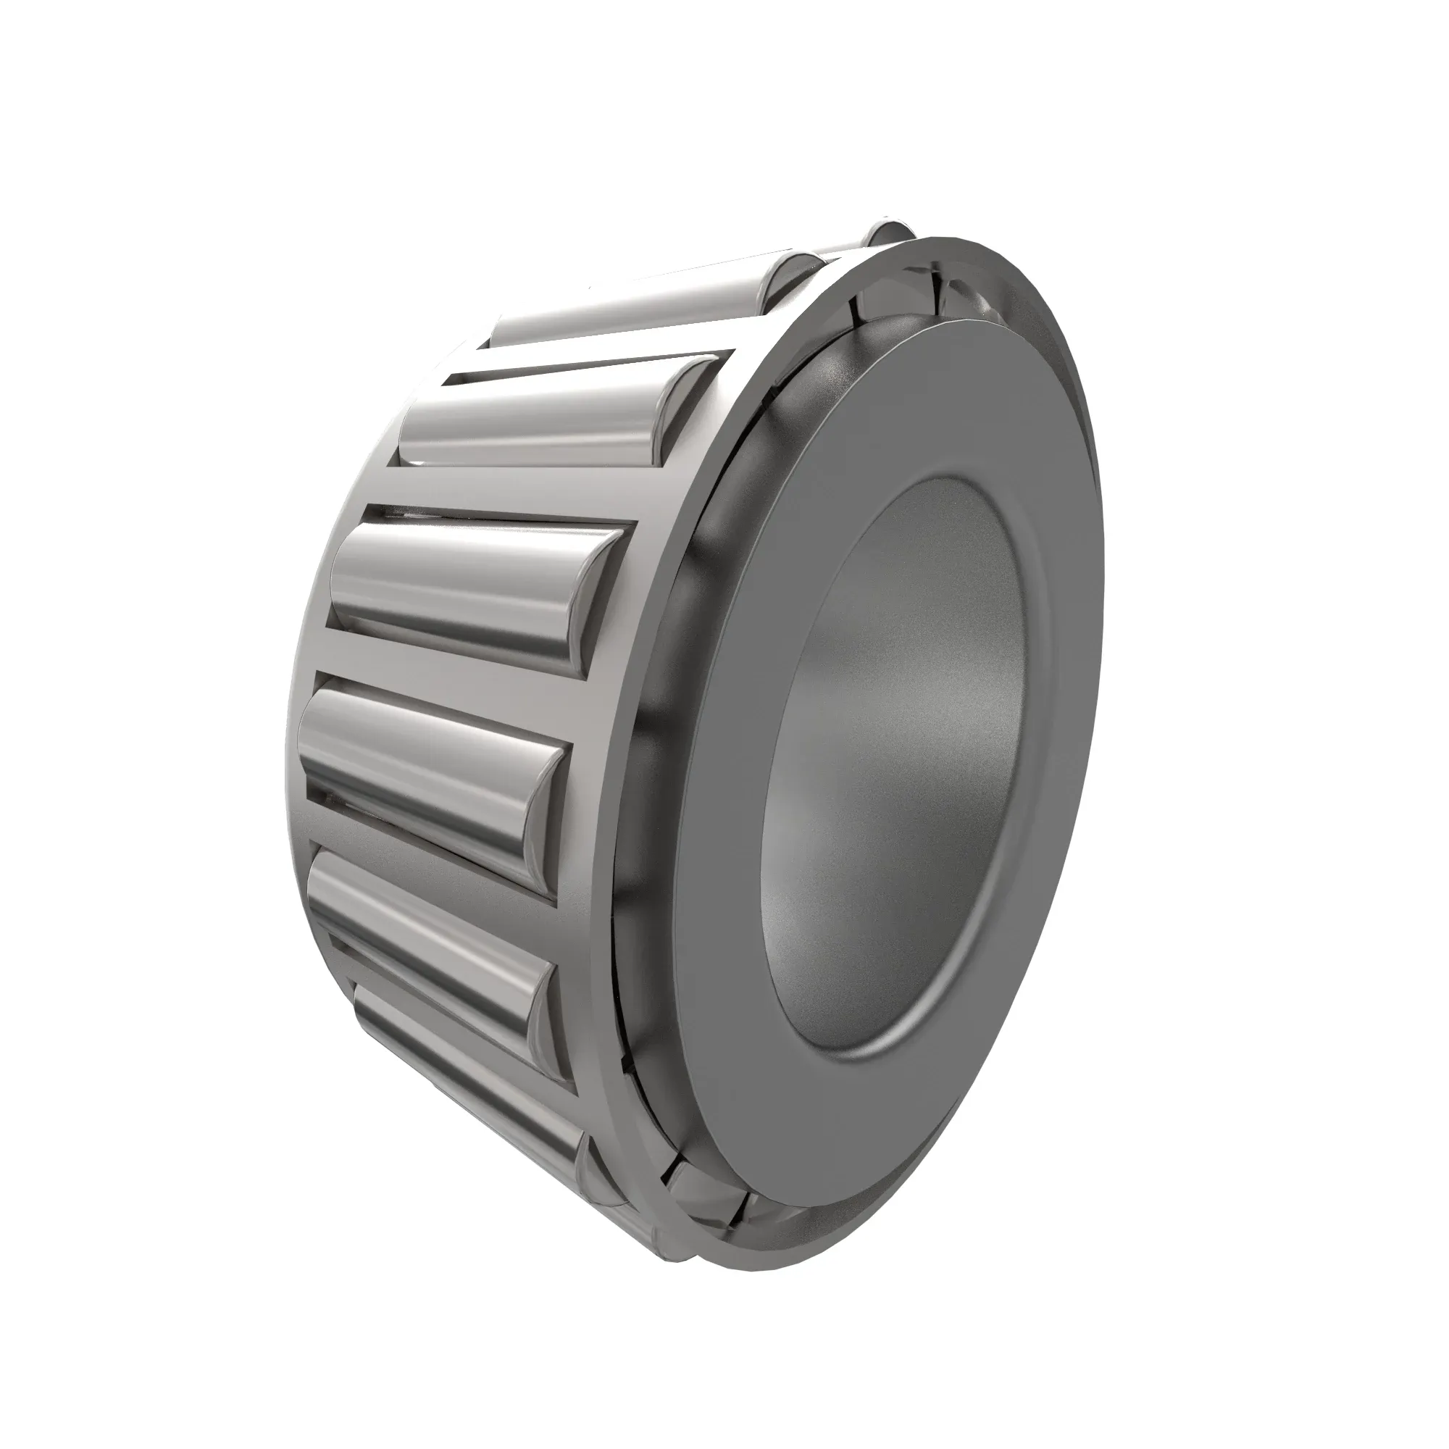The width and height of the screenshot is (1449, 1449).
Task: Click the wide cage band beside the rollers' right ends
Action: pyautogui.click(x=638, y=750)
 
